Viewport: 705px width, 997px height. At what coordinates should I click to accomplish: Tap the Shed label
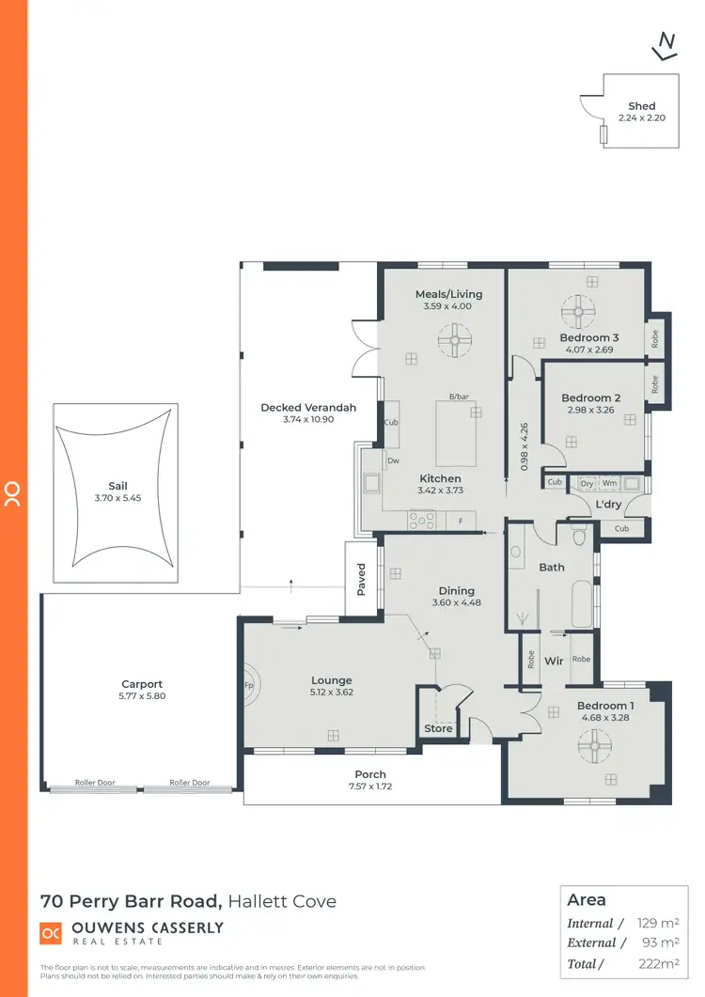pyautogui.click(x=641, y=106)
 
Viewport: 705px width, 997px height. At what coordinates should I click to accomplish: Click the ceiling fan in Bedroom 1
pyautogui.click(x=592, y=748)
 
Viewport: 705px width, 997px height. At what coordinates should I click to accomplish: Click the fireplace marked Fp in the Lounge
pyautogui.click(x=250, y=684)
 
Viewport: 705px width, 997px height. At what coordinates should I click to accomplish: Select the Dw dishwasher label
pyautogui.click(x=393, y=460)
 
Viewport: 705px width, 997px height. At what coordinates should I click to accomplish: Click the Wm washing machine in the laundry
pyautogui.click(x=609, y=483)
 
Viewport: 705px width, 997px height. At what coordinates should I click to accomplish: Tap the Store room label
pyautogui.click(x=438, y=728)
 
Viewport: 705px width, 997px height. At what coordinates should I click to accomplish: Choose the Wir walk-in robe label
pyautogui.click(x=555, y=662)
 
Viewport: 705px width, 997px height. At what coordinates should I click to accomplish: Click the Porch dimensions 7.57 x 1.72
pyautogui.click(x=370, y=787)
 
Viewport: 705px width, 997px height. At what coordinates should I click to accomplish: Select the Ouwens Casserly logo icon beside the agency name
pyautogui.click(x=51, y=933)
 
